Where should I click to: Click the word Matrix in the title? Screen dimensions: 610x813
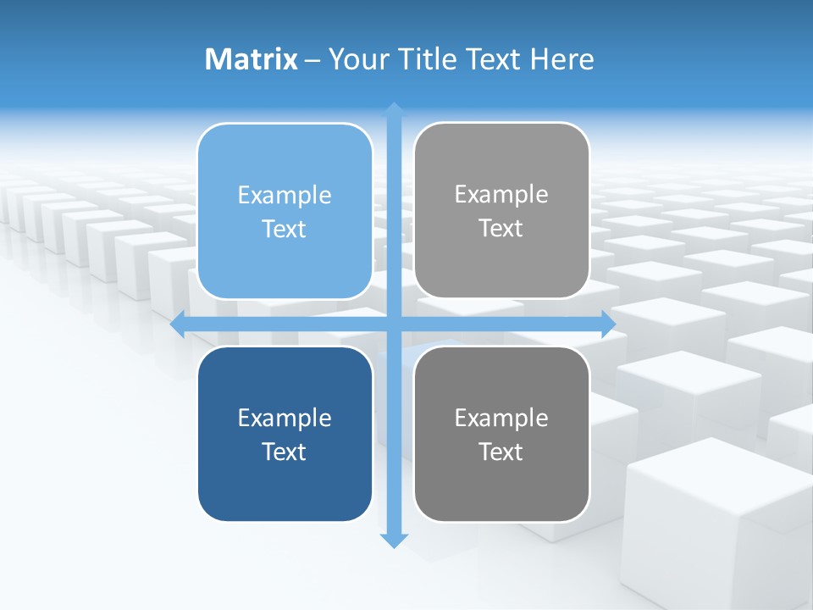pyautogui.click(x=252, y=59)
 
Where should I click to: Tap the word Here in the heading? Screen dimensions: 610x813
pyautogui.click(x=561, y=59)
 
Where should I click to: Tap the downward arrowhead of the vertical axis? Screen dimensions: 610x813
pyautogui.click(x=394, y=540)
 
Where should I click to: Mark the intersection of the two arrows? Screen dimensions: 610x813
pyautogui.click(x=394, y=324)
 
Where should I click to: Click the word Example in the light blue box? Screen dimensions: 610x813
pyautogui.click(x=285, y=196)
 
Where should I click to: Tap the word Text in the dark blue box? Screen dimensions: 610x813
pyautogui.click(x=285, y=452)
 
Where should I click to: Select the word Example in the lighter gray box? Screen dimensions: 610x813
pyautogui.click(x=501, y=195)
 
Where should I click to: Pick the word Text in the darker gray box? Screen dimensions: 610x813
pyautogui.click(x=501, y=452)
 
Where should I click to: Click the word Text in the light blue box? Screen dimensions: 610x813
pyautogui.click(x=285, y=230)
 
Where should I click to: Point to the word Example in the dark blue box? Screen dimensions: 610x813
pyautogui.click(x=285, y=418)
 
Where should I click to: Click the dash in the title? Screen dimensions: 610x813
pyautogui.click(x=312, y=60)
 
